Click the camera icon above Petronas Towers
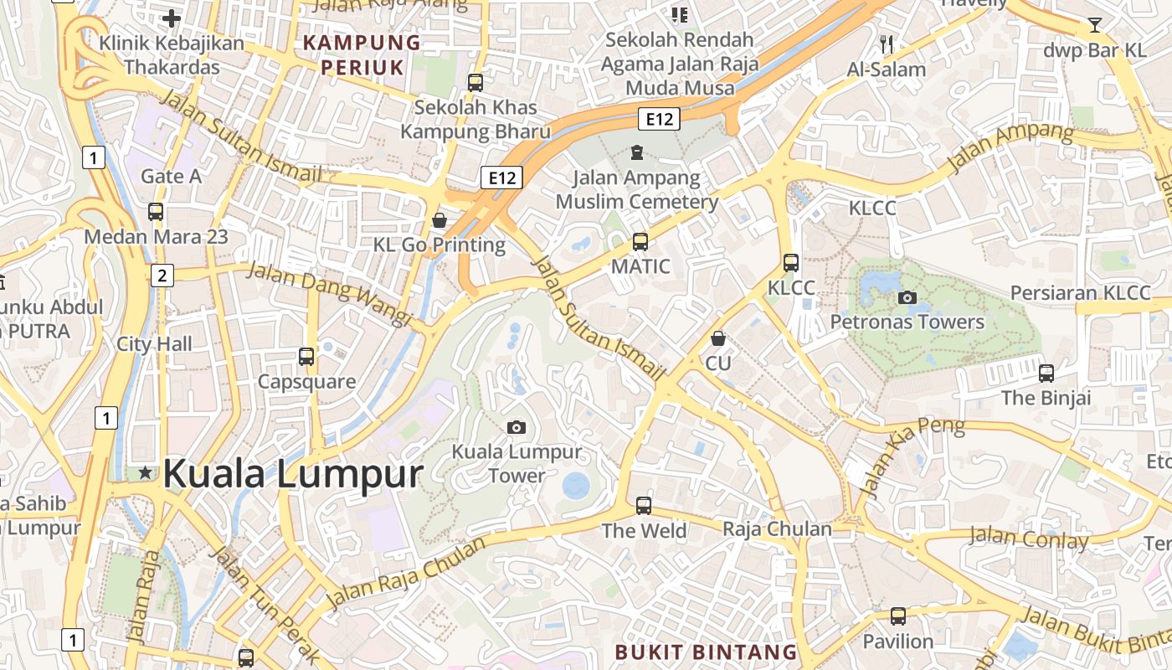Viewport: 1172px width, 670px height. [x=907, y=297]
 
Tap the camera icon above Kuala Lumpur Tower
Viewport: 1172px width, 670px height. [x=517, y=427]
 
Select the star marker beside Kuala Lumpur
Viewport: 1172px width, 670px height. [x=146, y=473]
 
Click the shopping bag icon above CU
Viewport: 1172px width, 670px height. [x=717, y=338]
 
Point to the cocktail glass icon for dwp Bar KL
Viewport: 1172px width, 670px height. [x=1094, y=25]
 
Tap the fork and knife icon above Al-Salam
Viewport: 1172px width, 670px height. [x=887, y=44]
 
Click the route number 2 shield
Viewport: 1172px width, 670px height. [x=162, y=275]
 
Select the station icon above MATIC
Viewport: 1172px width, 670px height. [x=640, y=242]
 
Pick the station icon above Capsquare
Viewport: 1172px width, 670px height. [x=306, y=357]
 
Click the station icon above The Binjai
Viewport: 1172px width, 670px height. [x=1046, y=373]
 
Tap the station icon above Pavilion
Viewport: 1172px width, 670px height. [x=898, y=616]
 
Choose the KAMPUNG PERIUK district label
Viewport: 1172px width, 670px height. [x=362, y=54]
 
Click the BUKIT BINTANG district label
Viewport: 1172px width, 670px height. [x=706, y=652]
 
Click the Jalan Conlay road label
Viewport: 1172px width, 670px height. [x=1029, y=538]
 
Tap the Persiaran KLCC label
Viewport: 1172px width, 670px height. [x=1080, y=293]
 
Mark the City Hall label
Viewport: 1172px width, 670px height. [x=154, y=343]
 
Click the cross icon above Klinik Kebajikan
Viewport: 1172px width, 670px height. [x=172, y=18]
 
